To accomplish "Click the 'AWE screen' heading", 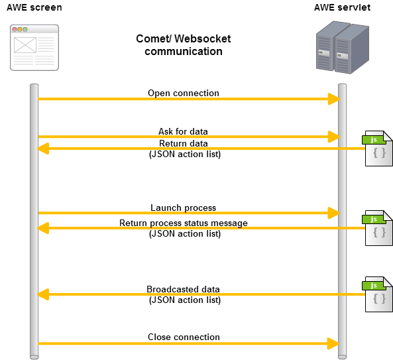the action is [x=34, y=7].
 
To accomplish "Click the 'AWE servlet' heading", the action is [x=342, y=7].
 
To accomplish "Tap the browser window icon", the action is [x=34, y=48].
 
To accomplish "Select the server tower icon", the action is [x=343, y=47].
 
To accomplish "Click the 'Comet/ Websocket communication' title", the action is [x=184, y=45].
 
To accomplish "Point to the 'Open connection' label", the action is [x=184, y=93].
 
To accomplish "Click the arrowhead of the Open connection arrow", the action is [x=334, y=99].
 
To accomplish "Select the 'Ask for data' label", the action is [x=183, y=131].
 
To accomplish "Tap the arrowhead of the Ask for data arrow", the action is [x=334, y=137].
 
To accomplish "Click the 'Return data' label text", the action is [x=184, y=143].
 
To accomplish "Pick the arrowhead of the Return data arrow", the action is [x=43, y=149].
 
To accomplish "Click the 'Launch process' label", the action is [x=183, y=208].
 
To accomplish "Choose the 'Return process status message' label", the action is [x=184, y=223].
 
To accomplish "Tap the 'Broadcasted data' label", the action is [x=183, y=289].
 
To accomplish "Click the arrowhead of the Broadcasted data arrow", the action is [x=43, y=294].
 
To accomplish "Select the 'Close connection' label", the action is [x=184, y=337].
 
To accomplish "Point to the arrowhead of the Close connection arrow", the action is [x=333, y=343].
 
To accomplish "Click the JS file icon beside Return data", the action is [x=378, y=149].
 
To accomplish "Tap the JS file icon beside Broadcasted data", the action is [x=378, y=294].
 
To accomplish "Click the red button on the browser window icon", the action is [x=15, y=29].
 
